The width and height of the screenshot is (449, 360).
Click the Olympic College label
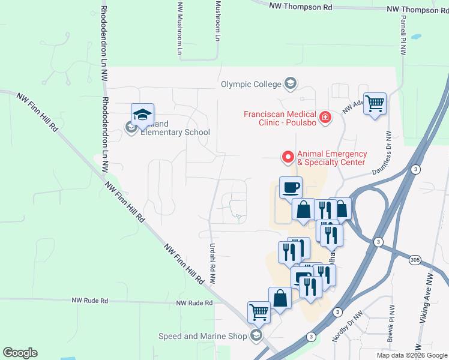(251, 84)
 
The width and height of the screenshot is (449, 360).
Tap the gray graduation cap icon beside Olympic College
(291, 83)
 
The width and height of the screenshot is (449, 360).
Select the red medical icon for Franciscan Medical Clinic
(325, 117)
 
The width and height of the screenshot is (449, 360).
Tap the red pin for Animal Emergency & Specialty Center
(288, 157)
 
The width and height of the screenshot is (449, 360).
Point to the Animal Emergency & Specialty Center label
(331, 158)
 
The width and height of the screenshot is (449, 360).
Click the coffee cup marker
(291, 187)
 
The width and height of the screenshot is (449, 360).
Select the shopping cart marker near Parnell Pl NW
(375, 104)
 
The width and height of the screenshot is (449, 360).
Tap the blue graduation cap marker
(143, 115)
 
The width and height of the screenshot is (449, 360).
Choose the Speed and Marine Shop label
(202, 336)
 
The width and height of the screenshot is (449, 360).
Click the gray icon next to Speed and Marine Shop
(257, 335)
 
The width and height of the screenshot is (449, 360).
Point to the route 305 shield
(415, 259)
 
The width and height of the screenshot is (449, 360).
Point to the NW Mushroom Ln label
(179, 27)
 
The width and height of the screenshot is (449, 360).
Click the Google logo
(20, 353)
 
